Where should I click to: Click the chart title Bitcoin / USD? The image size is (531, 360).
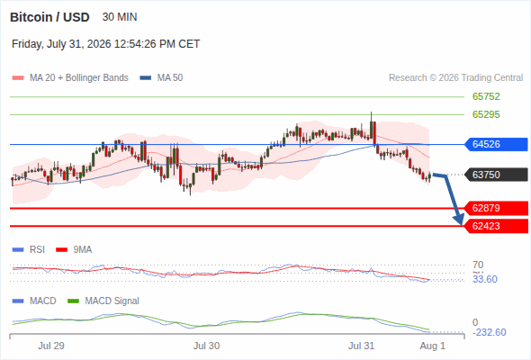click(x=49, y=17)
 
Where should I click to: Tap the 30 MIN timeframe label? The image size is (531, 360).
click(x=120, y=17)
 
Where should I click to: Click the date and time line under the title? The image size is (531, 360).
click(x=105, y=44)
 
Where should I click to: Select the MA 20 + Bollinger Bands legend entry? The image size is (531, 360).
click(x=70, y=78)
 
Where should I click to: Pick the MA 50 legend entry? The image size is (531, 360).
click(x=161, y=78)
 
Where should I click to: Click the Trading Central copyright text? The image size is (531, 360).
click(x=455, y=78)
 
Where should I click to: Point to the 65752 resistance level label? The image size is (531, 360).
click(x=486, y=96)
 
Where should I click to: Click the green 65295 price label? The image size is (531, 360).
click(x=486, y=114)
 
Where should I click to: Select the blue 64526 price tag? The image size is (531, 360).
click(x=496, y=144)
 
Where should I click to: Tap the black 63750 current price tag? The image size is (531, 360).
click(x=496, y=175)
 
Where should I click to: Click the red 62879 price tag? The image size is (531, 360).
click(x=496, y=208)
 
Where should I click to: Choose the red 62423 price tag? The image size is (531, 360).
click(x=496, y=226)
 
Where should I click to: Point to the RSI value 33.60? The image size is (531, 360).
click(x=485, y=279)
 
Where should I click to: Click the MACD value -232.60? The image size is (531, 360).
click(x=489, y=332)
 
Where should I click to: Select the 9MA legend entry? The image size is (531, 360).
click(x=74, y=249)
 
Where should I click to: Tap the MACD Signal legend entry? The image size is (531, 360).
click(x=103, y=301)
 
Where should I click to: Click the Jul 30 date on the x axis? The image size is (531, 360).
click(x=207, y=346)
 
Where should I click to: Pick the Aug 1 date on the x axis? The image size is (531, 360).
click(x=433, y=346)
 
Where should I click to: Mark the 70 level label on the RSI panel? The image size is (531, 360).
click(x=478, y=265)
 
